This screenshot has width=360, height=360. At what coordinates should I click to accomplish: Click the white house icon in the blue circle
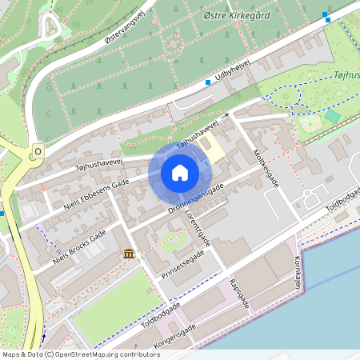pos(180,173)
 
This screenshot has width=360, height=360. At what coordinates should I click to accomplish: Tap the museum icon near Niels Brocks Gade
pos(128,254)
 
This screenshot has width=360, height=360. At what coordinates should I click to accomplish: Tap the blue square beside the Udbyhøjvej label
pos(208,82)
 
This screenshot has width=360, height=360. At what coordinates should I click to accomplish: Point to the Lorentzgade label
pos(202,228)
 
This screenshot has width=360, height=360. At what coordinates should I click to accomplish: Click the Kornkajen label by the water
pos(297,273)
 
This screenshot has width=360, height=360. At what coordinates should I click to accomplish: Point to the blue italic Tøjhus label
pos(344,77)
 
